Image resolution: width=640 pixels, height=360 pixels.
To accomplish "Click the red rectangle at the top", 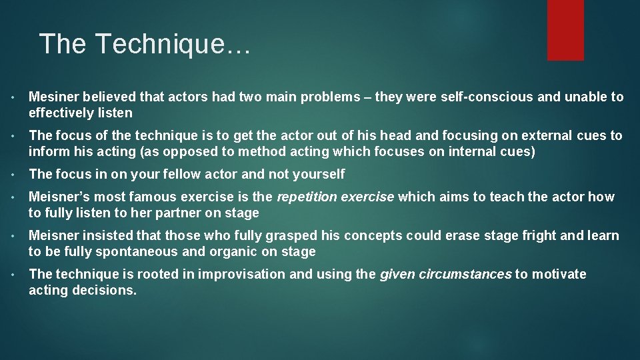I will (x=565, y=29).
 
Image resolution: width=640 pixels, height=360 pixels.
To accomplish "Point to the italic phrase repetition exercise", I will (x=335, y=197).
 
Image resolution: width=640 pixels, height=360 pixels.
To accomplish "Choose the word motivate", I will (x=559, y=274).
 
